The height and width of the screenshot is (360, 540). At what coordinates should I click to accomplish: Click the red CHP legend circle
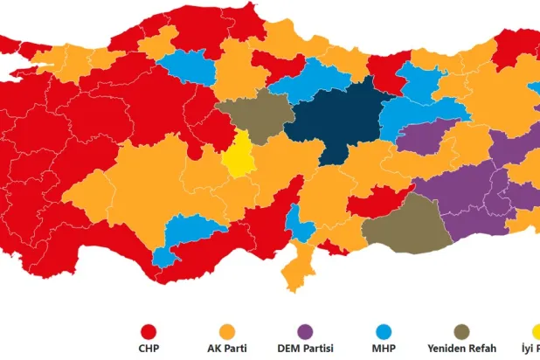click(149, 332)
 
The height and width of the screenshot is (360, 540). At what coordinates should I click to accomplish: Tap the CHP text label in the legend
click(149, 349)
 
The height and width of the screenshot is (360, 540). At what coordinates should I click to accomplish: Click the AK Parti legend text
click(227, 349)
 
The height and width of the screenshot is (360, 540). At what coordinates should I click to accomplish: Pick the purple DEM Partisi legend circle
click(305, 332)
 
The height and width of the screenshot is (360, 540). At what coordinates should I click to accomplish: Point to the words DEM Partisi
click(305, 349)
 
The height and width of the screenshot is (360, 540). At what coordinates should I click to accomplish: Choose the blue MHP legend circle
click(383, 332)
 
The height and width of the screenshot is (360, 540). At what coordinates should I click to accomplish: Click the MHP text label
click(383, 349)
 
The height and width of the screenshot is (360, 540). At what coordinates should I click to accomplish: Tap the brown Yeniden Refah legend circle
click(460, 332)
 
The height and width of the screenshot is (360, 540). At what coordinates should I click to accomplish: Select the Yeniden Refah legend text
click(460, 349)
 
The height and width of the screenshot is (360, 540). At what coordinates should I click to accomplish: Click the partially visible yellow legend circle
click(535, 332)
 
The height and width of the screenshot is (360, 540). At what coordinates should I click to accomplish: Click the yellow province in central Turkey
click(237, 157)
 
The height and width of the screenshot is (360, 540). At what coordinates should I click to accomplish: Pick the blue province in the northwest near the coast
click(184, 66)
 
